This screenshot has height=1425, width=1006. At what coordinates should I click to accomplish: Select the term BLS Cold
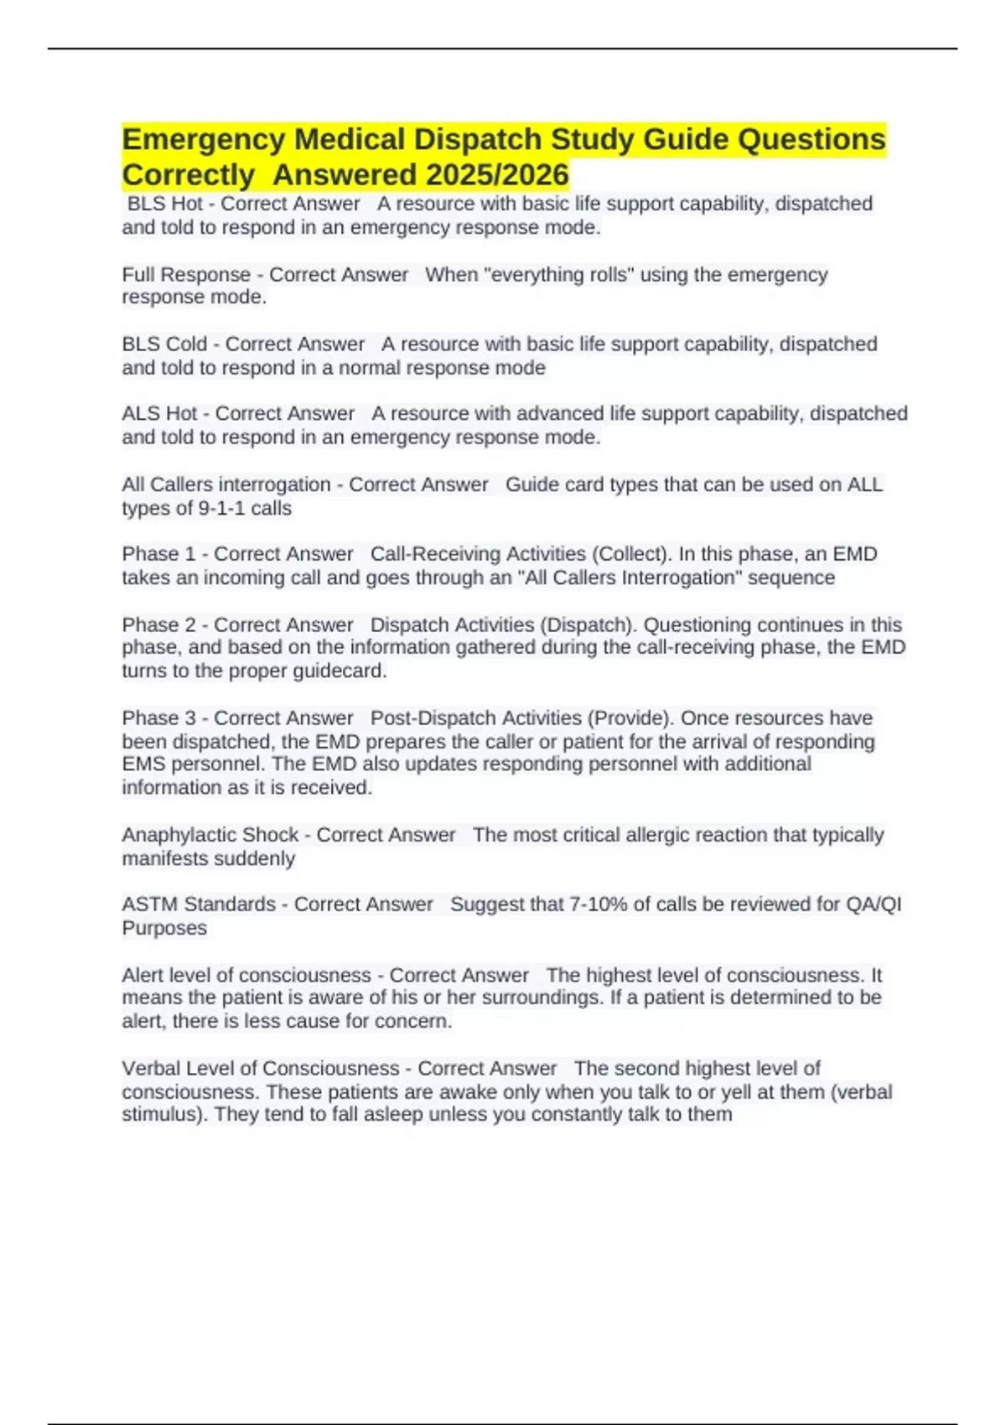click(164, 344)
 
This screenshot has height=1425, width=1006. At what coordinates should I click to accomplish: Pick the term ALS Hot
click(159, 413)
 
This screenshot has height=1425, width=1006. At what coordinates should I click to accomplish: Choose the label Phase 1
click(158, 554)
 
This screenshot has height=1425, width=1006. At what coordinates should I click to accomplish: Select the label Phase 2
click(158, 624)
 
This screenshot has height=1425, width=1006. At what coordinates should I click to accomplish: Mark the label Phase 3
click(158, 718)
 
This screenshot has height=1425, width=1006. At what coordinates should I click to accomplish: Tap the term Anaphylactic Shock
click(210, 835)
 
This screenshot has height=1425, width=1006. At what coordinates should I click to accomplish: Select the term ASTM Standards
click(199, 904)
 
